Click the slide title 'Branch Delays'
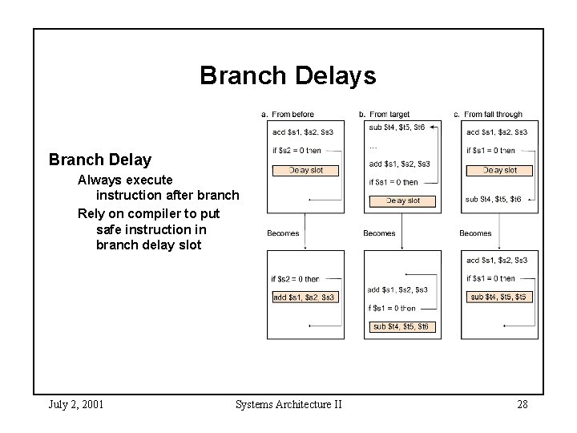coord(288,75)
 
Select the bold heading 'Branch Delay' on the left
coord(99,160)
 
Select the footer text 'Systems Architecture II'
coord(288,404)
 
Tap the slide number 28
coord(522,404)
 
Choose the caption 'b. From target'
coord(385,115)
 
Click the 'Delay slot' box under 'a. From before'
coord(305,170)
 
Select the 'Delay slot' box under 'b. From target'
coord(402,200)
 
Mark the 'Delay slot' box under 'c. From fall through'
coord(498,170)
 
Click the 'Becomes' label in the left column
coord(283,233)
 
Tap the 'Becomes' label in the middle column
coord(379,233)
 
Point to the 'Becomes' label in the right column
coord(475,233)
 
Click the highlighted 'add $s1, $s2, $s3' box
coord(305,297)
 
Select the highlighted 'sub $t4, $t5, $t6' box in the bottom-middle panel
coord(401,326)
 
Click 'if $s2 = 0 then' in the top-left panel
coord(297,150)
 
